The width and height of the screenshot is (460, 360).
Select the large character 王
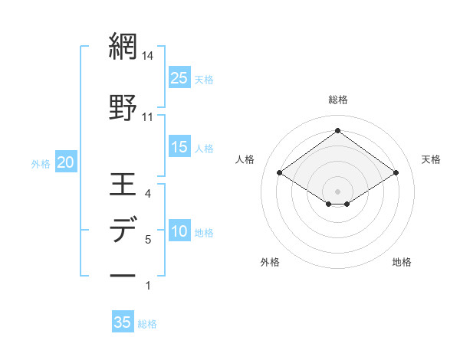123,185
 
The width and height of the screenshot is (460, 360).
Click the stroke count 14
148,57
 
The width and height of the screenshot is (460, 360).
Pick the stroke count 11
148,116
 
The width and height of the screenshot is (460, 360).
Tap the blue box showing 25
179,77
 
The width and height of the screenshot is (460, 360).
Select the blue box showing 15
179,147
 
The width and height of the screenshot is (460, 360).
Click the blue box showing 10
179,232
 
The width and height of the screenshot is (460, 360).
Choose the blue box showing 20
66,162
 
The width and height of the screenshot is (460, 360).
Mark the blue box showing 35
123,322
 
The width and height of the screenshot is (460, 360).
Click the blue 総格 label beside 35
147,324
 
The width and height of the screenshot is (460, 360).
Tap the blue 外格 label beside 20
41,163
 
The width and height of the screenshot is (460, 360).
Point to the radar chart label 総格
338,100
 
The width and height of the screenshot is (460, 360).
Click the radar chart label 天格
432,159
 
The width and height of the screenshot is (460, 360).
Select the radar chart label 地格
402,263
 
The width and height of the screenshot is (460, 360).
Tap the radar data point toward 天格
396,173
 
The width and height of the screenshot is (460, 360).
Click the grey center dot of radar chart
338,190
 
